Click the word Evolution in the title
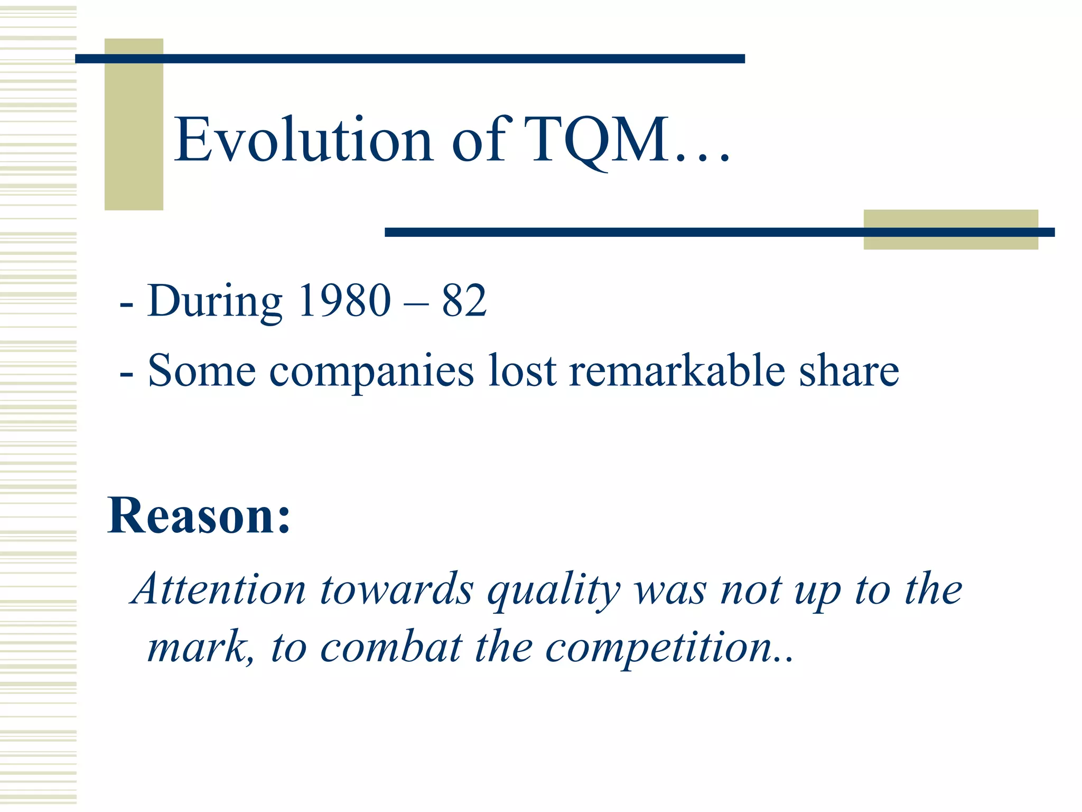(304, 140)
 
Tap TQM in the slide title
(597, 140)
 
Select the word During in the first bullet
(214, 301)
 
